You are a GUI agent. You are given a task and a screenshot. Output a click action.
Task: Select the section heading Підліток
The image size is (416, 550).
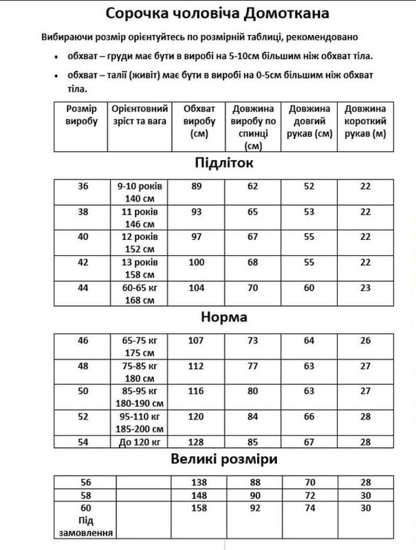point(218,164)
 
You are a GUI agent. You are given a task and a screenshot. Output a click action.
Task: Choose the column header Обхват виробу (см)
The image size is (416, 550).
point(199,122)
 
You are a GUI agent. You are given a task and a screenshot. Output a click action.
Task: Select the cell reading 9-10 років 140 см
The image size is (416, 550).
point(140,191)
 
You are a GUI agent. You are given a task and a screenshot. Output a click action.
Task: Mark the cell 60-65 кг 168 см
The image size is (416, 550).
point(140,294)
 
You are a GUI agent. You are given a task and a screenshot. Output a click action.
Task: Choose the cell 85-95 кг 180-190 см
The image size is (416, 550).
point(140,397)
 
